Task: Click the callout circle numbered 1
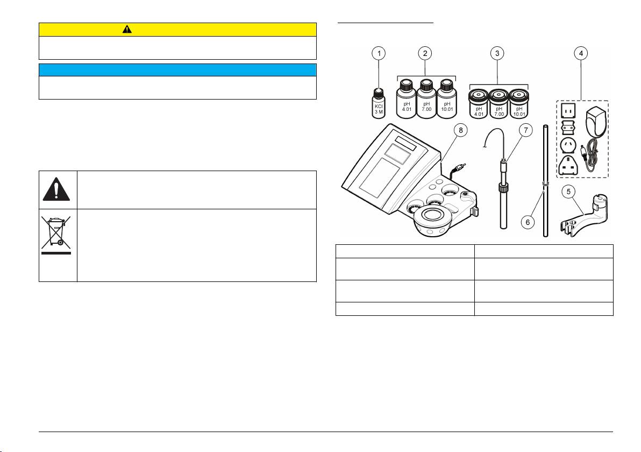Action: coord(380,53)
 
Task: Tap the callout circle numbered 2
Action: coord(426,53)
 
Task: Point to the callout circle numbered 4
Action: coord(581,53)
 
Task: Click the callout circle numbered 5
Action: coord(568,191)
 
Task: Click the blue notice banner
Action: coord(177,69)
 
